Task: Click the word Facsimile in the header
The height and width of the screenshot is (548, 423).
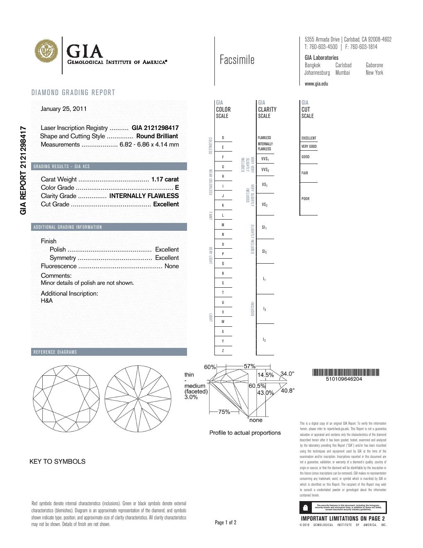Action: (x=237, y=60)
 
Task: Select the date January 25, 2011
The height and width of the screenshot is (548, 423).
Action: (x=63, y=109)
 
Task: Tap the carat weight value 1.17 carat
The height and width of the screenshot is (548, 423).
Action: (x=165, y=179)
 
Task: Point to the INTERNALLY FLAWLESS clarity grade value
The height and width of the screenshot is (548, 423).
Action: (x=144, y=196)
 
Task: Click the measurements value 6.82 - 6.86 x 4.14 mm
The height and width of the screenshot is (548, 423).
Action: (x=149, y=144)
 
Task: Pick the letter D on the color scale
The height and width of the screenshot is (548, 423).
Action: (x=223, y=138)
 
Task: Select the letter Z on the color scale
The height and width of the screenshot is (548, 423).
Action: (x=223, y=351)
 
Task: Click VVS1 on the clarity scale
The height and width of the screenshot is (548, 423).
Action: (x=265, y=159)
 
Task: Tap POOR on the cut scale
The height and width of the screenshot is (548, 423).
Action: (x=306, y=199)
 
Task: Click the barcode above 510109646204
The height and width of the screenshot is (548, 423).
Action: (x=345, y=372)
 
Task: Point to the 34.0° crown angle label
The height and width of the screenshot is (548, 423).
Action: (x=287, y=374)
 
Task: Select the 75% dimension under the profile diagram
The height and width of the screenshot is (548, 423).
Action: (x=224, y=412)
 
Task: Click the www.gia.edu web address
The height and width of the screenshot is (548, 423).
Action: (x=316, y=84)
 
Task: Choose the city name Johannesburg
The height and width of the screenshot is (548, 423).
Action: (x=317, y=73)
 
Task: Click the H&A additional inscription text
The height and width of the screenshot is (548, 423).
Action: (x=47, y=301)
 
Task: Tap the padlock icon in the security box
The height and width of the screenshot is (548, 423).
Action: (x=306, y=507)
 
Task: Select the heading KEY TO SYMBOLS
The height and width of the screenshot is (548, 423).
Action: (x=57, y=462)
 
